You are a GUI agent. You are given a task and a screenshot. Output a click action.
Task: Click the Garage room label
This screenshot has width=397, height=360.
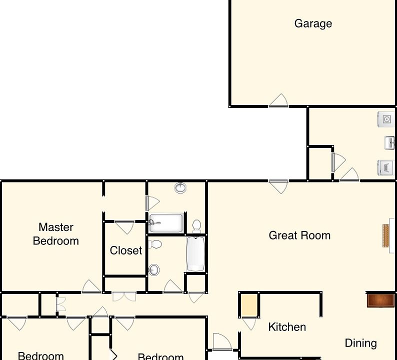[x=313, y=23]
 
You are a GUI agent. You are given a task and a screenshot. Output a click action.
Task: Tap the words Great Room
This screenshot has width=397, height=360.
[x=299, y=235]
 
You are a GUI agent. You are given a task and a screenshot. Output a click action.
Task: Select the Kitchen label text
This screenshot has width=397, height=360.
[x=287, y=327]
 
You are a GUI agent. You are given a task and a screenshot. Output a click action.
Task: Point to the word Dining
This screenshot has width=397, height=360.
[x=360, y=343]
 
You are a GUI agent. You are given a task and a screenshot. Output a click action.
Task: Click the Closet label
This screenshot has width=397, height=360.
[x=126, y=250]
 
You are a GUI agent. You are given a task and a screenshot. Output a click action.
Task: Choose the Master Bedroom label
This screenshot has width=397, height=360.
[x=56, y=234]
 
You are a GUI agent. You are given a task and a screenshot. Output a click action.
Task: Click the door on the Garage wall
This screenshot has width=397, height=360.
[x=278, y=101]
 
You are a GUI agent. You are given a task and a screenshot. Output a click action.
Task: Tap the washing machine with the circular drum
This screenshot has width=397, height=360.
[x=386, y=119]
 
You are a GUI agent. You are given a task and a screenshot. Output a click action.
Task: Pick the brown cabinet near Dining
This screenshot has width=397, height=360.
[x=380, y=300]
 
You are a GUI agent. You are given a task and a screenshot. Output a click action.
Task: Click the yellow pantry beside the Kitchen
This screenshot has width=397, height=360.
[x=249, y=305]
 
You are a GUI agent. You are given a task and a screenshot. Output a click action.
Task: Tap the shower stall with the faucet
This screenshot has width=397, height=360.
[x=166, y=223]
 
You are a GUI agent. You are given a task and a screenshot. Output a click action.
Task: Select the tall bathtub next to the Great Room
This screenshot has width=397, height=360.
[x=195, y=254]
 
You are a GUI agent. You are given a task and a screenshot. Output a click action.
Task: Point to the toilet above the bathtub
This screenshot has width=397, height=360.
[x=197, y=226]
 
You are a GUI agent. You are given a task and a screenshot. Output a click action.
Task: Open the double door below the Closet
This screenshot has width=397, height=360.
[x=124, y=296]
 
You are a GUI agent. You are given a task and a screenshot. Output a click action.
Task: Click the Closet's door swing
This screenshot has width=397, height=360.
[x=124, y=227]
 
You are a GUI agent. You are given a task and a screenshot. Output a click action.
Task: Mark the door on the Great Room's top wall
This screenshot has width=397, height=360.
[x=278, y=186]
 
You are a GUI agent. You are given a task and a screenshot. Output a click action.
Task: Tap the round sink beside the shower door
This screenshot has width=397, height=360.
[x=180, y=188]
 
